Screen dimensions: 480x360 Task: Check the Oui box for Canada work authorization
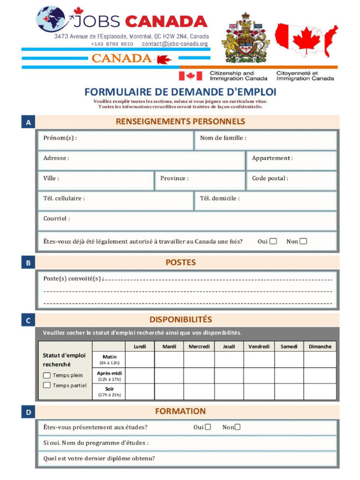273,241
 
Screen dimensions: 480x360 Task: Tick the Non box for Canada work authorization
303,241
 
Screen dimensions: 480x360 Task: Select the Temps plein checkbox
47,375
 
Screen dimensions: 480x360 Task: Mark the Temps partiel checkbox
47,385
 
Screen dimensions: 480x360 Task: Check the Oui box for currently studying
208,427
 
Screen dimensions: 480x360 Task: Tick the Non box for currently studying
238,427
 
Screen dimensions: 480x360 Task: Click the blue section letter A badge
28,122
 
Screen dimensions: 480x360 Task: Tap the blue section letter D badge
28,412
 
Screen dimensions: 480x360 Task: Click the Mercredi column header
199,347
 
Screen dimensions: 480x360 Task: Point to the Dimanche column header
320,347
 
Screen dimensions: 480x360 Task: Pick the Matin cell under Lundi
140,360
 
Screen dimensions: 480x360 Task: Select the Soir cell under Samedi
289,391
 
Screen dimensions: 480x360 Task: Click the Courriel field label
57,218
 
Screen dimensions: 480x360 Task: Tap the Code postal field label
270,178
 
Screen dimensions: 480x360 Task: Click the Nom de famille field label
223,138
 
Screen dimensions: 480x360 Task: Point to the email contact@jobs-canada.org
174,44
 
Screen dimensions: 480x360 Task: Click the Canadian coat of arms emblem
245,38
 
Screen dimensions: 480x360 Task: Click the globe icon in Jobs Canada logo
51,19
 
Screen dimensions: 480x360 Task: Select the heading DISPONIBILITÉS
180,320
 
